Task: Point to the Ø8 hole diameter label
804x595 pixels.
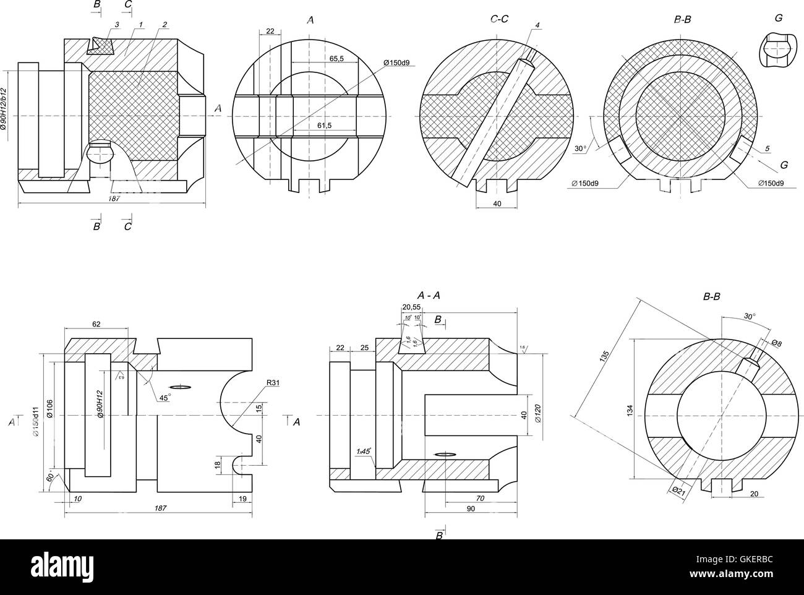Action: pos(776,342)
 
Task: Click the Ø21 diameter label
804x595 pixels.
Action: pos(678,490)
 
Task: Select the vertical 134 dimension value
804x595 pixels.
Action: pos(630,409)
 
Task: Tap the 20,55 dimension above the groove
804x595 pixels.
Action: pos(411,307)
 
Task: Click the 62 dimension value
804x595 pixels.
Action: pos(96,324)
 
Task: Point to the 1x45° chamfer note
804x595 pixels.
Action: pos(364,452)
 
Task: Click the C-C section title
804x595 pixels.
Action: pos(499,19)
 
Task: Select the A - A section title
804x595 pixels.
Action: pos(429,295)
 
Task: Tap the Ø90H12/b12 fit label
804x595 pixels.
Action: pos(4,109)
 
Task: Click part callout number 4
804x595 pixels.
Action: pos(537,25)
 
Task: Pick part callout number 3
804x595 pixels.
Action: pos(116,24)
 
